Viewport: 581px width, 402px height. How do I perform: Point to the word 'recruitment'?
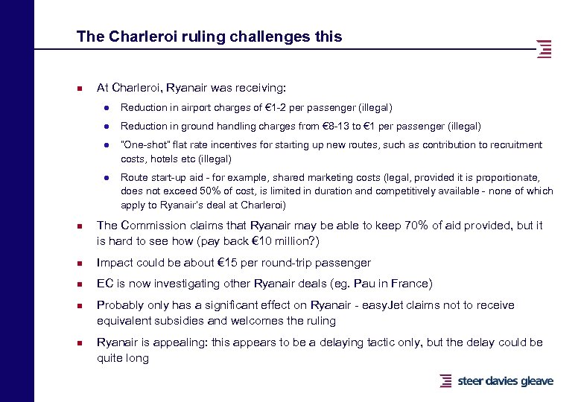515,145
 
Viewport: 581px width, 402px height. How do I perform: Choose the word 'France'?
410,284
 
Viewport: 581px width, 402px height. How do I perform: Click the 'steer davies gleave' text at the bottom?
505,381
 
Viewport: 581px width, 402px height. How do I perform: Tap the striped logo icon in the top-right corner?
545,48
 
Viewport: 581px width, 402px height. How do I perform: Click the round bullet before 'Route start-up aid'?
108,178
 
